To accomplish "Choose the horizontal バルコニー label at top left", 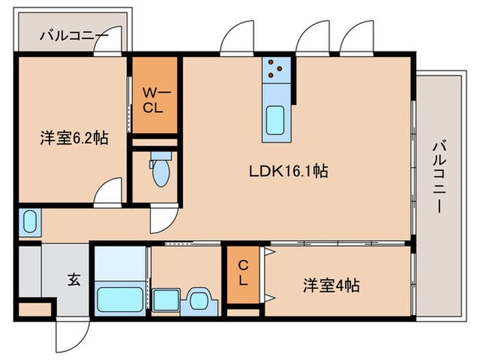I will point(73,34).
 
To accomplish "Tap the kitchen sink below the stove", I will point(277,120).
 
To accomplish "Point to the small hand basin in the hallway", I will point(29,221).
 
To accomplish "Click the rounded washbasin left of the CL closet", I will point(200,300).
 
